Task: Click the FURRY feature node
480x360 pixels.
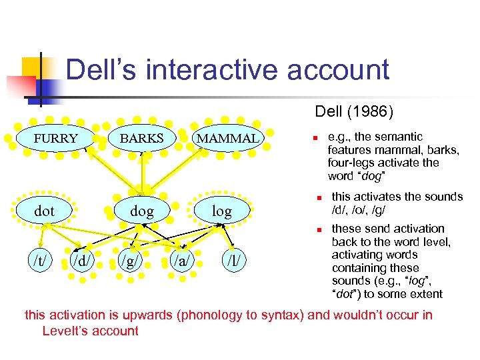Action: coord(56,139)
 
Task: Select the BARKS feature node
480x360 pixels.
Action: coord(141,139)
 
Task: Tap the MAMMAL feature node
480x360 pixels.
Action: coord(227,139)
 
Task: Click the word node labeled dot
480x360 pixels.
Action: coord(44,211)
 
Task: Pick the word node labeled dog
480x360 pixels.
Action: coord(141,212)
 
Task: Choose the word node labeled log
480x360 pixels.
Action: coord(221,212)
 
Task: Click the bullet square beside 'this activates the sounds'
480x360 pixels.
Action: coord(319,198)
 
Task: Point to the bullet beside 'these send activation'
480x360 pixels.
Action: coord(319,230)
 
